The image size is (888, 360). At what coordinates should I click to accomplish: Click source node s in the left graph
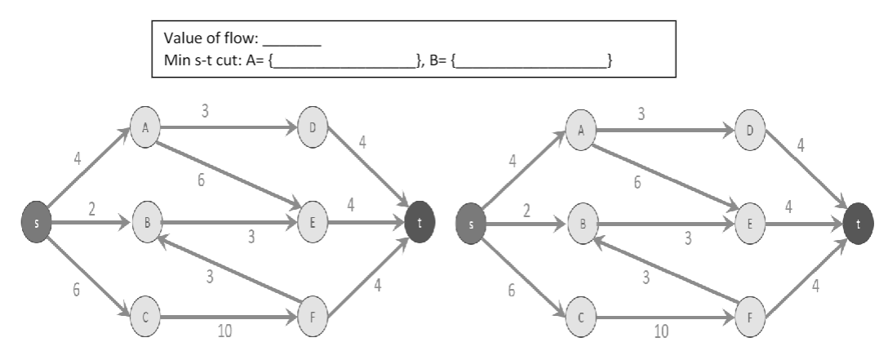pos(37,220)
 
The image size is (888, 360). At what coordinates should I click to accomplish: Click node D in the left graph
pos(313,128)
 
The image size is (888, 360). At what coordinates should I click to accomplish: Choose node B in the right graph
pos(583,220)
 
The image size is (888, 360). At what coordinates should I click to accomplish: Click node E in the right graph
pos(748,220)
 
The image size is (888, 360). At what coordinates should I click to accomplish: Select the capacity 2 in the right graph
pos(526,211)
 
